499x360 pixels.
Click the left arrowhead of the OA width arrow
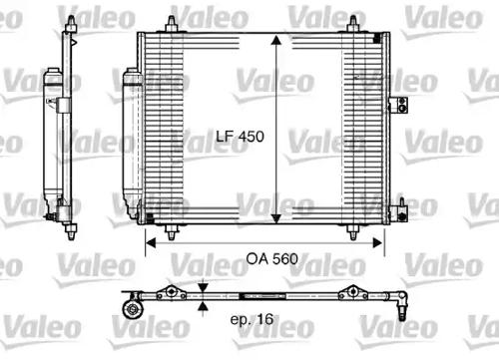tap(151, 241)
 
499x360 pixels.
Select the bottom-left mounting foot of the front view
tap(176, 230)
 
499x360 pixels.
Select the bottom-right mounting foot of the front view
tap(355, 230)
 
